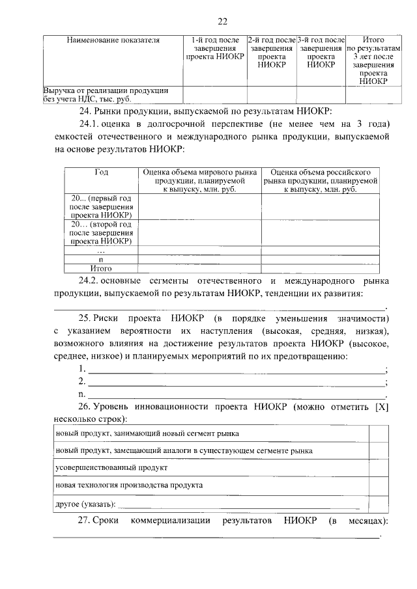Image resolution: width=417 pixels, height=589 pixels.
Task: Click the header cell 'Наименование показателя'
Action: [113, 40]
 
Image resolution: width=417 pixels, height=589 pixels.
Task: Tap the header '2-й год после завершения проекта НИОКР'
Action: [271, 52]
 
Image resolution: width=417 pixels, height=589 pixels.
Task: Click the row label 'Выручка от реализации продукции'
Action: [106, 90]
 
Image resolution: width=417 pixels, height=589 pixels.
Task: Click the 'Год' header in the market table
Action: [101, 172]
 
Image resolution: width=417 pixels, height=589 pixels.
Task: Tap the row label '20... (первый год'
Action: [101, 206]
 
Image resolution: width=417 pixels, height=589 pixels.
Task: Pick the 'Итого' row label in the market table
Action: [101, 267]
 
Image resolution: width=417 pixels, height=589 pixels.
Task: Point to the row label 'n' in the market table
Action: [101, 259]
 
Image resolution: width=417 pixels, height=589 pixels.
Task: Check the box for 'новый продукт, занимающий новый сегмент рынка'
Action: [379, 433]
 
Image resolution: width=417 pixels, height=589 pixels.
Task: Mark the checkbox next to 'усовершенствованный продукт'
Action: [379, 467]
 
